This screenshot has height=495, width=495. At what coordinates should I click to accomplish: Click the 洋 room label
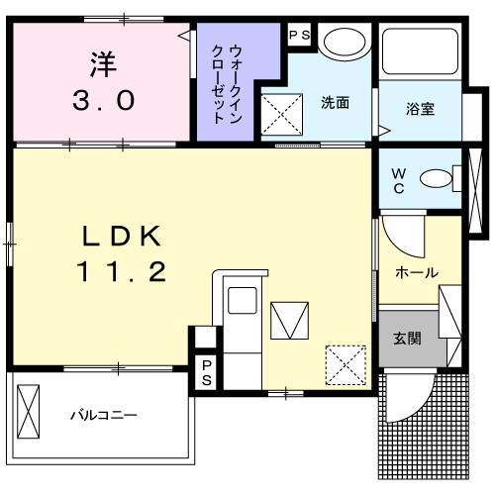101,63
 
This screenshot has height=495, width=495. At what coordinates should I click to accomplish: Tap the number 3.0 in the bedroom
101,101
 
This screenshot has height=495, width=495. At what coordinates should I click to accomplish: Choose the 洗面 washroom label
333,101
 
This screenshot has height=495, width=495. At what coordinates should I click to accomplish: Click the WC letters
397,179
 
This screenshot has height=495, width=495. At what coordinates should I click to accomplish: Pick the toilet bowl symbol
435,179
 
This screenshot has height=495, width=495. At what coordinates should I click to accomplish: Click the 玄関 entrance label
407,339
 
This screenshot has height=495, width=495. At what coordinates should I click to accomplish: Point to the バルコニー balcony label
103,416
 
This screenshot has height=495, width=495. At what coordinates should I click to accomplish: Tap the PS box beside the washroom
299,34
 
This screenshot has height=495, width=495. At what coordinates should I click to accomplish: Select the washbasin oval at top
345,45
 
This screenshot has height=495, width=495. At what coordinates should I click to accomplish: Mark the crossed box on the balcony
30,413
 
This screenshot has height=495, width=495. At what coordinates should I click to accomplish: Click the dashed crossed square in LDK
346,363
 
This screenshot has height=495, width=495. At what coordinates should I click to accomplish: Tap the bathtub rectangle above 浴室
420,55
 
